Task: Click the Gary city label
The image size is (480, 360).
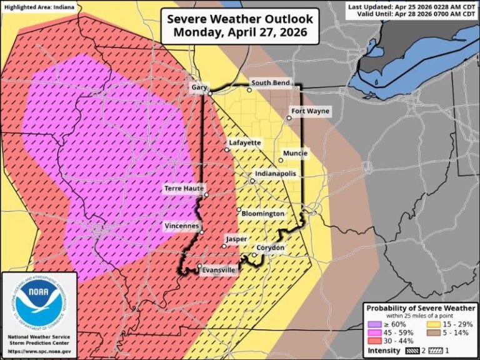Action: tap(199, 87)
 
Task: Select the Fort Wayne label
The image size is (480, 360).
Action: tap(310, 111)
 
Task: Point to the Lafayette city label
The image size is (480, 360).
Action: tap(245, 142)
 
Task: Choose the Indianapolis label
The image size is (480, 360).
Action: tap(275, 174)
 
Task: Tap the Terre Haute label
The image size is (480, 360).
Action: tap(184, 187)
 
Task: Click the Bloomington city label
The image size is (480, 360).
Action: tap(263, 214)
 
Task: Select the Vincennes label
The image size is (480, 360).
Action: tap(182, 225)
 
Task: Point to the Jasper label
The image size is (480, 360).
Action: tap(236, 239)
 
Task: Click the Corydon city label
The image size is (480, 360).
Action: tap(271, 248)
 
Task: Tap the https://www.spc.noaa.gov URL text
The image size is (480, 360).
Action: tap(39, 351)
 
